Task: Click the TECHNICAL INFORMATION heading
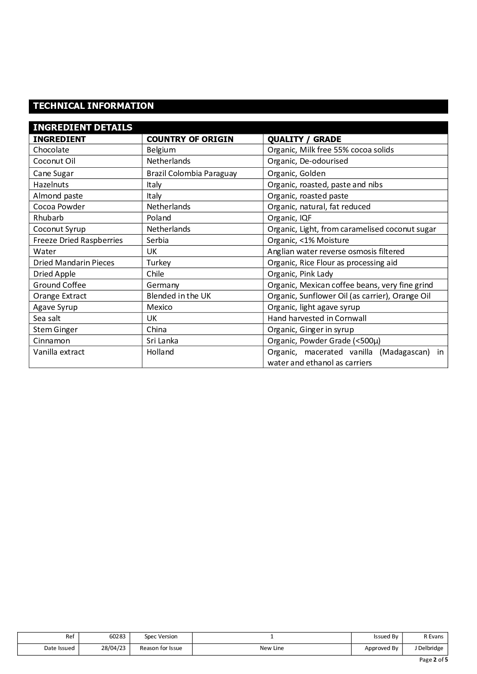point(93,106)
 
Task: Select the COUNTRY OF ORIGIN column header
point(190,139)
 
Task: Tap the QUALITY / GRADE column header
point(304,139)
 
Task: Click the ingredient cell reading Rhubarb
point(48,218)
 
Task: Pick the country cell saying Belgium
point(161,150)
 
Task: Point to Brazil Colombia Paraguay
point(191,173)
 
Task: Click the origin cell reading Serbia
point(157,240)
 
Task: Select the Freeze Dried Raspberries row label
point(78,240)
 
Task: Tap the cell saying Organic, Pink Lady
point(300,274)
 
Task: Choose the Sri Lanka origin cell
point(162,341)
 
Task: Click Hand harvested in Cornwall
point(317,318)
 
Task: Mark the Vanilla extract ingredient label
point(59,352)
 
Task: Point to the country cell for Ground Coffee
point(163,285)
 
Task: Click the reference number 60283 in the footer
point(117,636)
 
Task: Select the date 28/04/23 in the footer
point(113,648)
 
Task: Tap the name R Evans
point(433,636)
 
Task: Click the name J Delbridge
point(429,648)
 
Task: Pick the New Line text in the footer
point(272,648)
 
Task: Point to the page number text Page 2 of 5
point(433,660)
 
